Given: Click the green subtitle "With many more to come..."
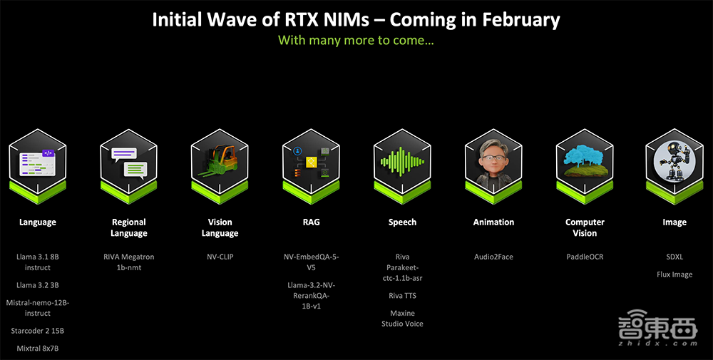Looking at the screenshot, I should coord(356,40).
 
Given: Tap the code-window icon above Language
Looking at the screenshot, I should coord(37,163).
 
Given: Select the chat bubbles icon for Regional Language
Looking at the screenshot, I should coord(128,163).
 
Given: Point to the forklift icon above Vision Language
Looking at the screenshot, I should coord(220,163).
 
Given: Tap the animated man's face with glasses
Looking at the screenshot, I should coord(493,161).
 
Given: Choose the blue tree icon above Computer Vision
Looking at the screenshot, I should coord(585,161).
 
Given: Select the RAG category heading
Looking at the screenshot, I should coord(311,222).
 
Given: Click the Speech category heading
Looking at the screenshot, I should coord(402,222).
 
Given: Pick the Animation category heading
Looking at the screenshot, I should coord(493,222).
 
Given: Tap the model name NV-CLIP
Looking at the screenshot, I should coord(220,257).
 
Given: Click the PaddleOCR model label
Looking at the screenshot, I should coord(585,257).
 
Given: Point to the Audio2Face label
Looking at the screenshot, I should coord(493,257).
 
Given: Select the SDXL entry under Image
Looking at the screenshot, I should coord(674,257).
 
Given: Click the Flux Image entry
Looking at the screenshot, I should coord(674,274).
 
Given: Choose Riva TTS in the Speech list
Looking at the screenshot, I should coord(402,296).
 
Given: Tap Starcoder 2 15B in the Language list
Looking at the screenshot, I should coord(37,331).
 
